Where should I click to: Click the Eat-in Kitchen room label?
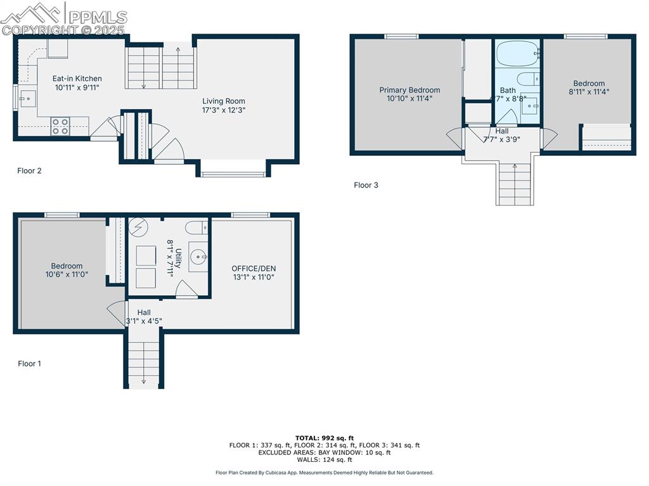77,79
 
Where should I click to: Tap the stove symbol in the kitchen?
60,127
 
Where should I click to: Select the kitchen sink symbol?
27,98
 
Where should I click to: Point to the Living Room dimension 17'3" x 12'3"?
224,110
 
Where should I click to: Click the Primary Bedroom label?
409,90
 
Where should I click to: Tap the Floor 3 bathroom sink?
529,105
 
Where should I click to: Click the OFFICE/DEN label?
254,268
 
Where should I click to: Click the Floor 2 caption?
29,170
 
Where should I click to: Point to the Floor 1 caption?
29,364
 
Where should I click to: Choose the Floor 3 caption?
366,185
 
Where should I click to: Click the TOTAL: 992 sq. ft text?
324,438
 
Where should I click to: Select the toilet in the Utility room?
195,227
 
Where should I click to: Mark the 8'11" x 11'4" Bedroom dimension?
589,91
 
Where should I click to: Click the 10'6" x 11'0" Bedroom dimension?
67,274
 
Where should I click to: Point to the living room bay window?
233,172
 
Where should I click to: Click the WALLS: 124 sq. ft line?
324,460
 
